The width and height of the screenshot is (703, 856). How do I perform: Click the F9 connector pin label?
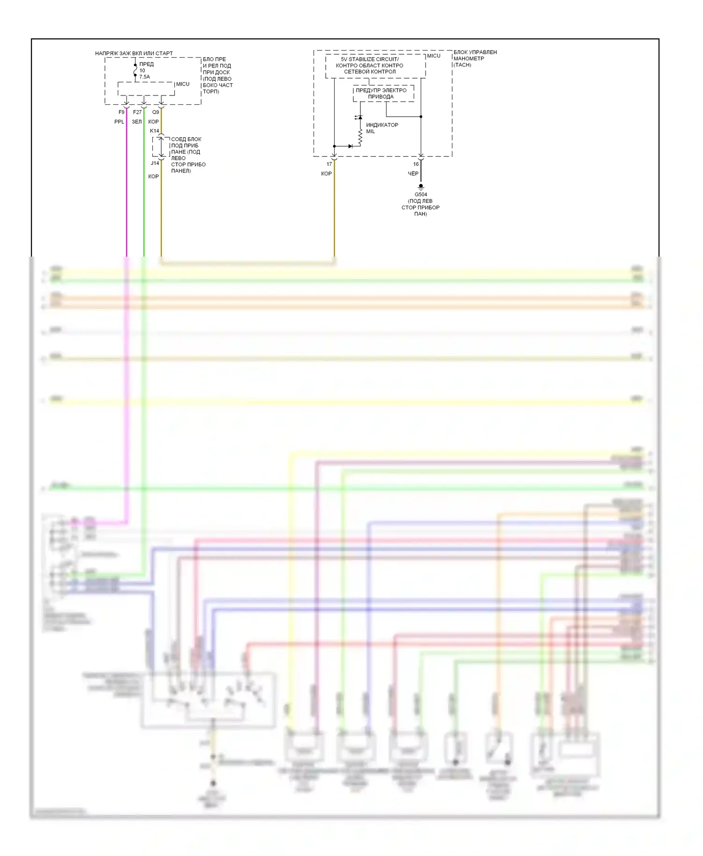click(x=121, y=112)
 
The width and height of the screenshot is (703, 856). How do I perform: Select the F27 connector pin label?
click(x=137, y=112)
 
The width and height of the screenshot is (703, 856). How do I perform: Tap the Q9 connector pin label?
click(x=156, y=112)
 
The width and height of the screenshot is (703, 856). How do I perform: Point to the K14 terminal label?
click(x=154, y=131)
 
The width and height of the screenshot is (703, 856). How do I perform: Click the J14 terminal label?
click(x=155, y=163)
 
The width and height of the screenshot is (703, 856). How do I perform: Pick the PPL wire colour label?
click(x=119, y=122)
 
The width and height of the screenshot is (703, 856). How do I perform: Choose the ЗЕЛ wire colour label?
click(x=136, y=122)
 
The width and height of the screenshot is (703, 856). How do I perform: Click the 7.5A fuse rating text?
click(x=144, y=77)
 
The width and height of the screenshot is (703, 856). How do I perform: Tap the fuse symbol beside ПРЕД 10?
click(x=135, y=70)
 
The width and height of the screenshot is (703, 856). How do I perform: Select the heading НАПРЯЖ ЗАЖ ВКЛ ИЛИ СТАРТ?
click(x=134, y=53)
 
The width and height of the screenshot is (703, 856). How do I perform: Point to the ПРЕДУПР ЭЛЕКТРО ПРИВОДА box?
click(x=383, y=94)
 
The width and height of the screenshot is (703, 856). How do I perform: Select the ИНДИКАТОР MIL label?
click(x=381, y=128)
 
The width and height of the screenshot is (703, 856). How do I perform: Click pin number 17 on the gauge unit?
click(x=329, y=164)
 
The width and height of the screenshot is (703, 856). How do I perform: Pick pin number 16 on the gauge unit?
click(x=416, y=164)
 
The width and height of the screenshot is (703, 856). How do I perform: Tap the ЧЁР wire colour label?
click(x=413, y=174)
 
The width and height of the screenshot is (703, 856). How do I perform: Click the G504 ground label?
click(x=420, y=195)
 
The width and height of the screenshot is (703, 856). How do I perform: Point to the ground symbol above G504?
click(x=421, y=187)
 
